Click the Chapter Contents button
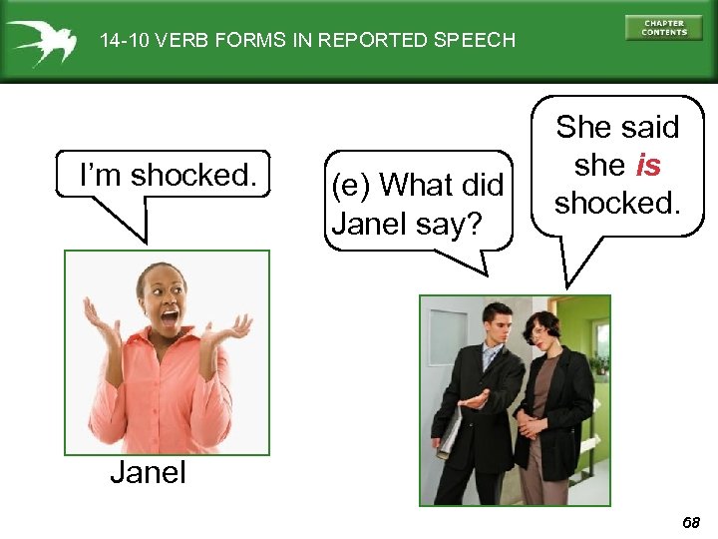click(x=664, y=28)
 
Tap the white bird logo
click(x=41, y=40)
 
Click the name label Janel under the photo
click(x=148, y=472)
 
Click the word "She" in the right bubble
click(x=583, y=128)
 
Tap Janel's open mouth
click(x=170, y=318)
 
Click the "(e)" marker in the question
click(x=352, y=185)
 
